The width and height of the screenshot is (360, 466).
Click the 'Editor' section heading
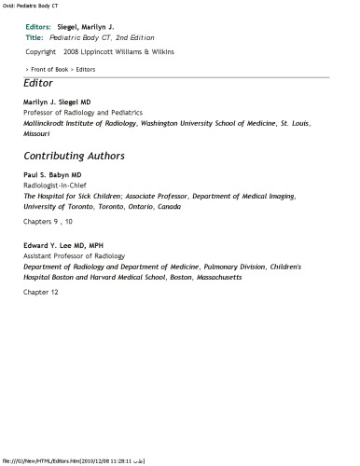point(38,84)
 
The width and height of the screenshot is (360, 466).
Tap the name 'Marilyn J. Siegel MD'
point(57,102)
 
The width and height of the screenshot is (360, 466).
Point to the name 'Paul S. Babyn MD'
point(52,175)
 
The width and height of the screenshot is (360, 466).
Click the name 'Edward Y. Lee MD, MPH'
point(63,245)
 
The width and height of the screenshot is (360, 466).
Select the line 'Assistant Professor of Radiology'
point(74,255)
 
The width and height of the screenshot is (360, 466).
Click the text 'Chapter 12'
point(41,292)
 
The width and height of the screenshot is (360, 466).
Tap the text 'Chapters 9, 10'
point(48,222)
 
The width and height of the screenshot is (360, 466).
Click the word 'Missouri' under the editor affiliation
point(38,132)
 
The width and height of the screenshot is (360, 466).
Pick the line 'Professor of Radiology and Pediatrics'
point(82,112)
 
